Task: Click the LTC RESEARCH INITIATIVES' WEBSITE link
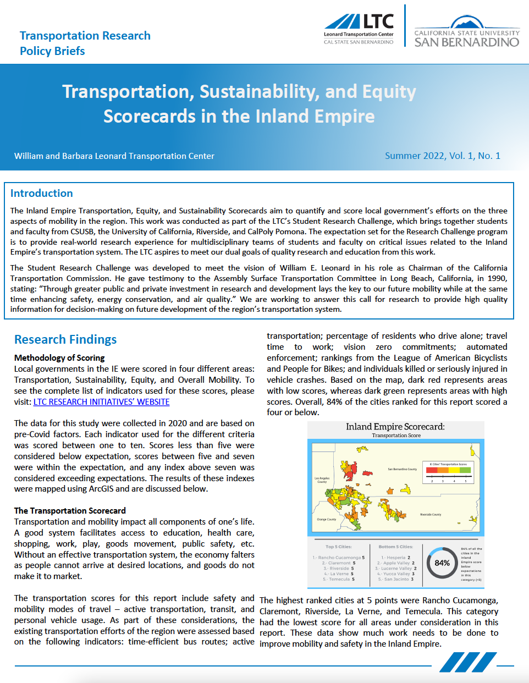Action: click(101, 402)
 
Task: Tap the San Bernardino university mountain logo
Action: click(466, 23)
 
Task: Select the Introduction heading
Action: click(42, 193)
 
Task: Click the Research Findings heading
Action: click(65, 339)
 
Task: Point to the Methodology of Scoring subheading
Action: click(59, 358)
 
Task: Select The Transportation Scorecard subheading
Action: click(70, 511)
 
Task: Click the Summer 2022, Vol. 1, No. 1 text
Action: click(443, 156)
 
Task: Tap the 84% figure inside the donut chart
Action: click(442, 563)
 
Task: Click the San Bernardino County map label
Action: click(402, 469)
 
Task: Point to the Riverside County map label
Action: click(431, 515)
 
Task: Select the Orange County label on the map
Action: click(326, 519)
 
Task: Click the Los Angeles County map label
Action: click(322, 480)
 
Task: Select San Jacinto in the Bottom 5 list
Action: click(396, 579)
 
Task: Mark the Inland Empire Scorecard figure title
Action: click(395, 427)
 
